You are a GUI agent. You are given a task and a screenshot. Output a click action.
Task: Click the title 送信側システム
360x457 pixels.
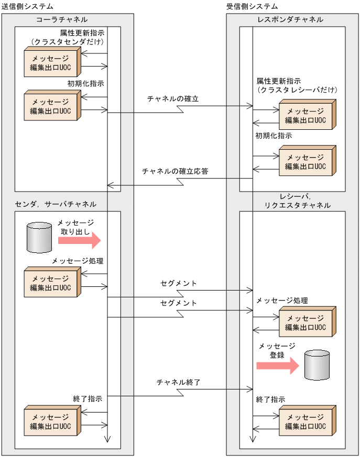(27, 6)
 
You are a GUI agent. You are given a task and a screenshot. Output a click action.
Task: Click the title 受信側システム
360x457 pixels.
(253, 6)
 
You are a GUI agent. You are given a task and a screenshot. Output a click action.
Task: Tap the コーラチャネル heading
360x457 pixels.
(62, 19)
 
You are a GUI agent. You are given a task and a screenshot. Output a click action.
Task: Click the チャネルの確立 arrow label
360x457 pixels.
(173, 98)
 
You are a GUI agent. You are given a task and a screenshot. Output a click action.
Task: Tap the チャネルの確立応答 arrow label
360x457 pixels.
(175, 171)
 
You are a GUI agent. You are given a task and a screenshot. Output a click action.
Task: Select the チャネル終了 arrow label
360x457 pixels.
(179, 383)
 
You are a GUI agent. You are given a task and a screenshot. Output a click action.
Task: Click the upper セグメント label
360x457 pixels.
(179, 283)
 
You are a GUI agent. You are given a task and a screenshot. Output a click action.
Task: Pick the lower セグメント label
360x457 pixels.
(179, 303)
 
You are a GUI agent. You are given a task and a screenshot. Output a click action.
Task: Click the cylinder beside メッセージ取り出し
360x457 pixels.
(39, 237)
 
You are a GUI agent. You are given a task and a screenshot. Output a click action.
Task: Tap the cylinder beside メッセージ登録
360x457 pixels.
(317, 364)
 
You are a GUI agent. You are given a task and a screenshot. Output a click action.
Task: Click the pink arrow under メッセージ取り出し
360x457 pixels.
(79, 240)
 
